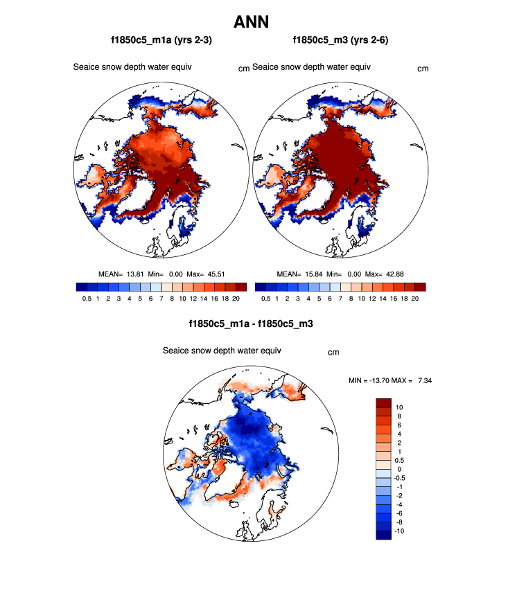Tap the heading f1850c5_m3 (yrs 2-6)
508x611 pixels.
coord(340,41)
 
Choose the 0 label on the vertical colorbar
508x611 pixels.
coord(398,469)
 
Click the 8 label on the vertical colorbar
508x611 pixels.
coord(398,416)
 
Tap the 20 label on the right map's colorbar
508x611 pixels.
coord(414,299)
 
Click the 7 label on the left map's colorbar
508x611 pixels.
coord(161,299)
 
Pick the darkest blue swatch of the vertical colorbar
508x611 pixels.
coord(384,534)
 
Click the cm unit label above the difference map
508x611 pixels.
coord(333,353)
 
